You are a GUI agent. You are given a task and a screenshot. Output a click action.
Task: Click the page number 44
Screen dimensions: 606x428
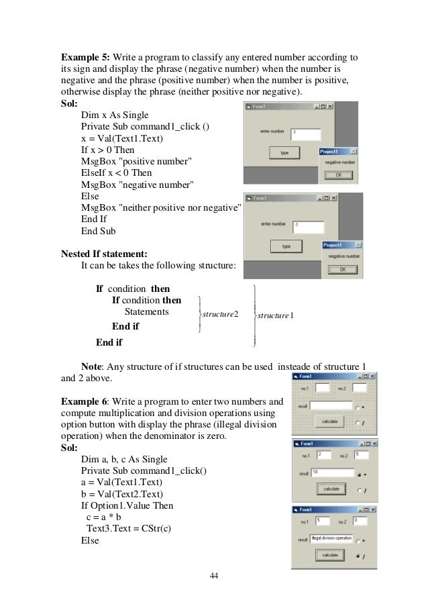pos(213,576)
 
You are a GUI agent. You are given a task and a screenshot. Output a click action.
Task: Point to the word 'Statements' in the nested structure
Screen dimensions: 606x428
pos(147,312)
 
